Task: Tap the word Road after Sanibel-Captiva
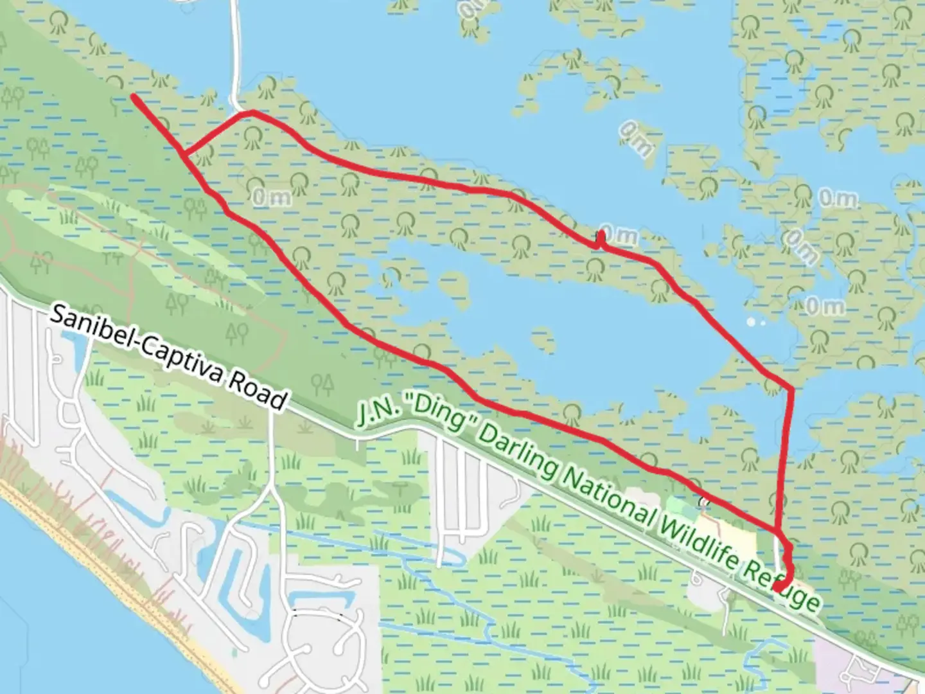click(x=256, y=390)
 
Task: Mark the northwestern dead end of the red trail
click(x=134, y=96)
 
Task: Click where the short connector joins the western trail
click(x=184, y=154)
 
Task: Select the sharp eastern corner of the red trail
click(x=791, y=389)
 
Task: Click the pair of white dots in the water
click(x=755, y=321)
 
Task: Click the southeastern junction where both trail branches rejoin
click(x=778, y=531)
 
